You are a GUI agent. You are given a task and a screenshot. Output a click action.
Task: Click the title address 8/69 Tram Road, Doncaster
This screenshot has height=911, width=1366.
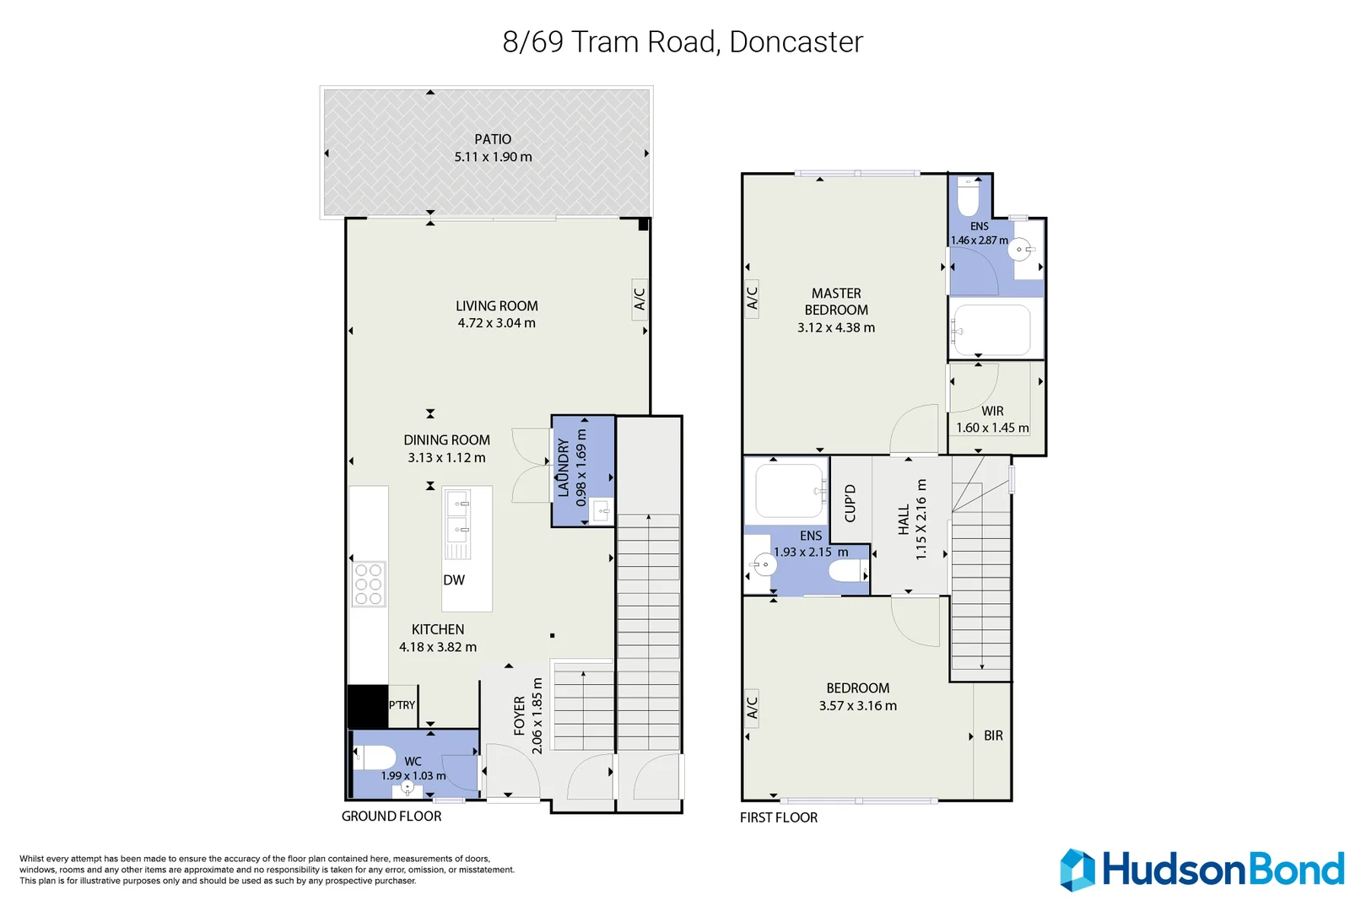pos(683,42)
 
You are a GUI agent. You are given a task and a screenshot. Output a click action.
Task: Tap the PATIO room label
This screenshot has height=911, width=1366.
pos(493,139)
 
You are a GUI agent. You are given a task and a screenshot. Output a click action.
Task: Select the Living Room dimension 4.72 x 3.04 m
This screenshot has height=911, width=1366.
pos(496,323)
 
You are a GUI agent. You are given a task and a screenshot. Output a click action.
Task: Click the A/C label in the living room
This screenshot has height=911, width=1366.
pos(640,299)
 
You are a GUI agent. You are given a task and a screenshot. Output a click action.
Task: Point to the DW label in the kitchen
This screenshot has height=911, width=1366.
pos(454,580)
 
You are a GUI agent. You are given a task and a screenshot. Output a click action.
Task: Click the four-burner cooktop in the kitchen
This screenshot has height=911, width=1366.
pos(369,584)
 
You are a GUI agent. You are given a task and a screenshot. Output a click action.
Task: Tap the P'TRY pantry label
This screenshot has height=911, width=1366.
pos(402,705)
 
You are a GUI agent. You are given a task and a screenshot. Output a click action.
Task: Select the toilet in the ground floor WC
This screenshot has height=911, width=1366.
pos(375,757)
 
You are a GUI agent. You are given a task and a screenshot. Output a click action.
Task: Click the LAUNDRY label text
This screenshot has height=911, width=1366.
pos(564,467)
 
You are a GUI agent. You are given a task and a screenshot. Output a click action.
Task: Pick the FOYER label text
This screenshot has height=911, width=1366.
pos(520,715)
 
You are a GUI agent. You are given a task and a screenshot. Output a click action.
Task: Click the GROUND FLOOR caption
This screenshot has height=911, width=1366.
pos(391,817)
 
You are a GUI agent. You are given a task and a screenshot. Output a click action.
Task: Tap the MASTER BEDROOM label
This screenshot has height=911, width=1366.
pos(836,302)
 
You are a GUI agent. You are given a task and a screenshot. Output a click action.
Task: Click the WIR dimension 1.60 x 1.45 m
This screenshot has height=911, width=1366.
pos(992,429)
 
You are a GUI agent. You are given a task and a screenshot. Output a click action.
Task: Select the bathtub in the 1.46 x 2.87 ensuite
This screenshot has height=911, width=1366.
pos(992,330)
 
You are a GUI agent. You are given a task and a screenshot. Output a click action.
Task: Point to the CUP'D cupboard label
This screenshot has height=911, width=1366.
pos(850,504)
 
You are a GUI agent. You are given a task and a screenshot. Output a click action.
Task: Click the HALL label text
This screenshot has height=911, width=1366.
pos(904,520)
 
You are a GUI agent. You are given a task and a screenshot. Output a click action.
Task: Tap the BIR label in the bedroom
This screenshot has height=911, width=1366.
pos(993,736)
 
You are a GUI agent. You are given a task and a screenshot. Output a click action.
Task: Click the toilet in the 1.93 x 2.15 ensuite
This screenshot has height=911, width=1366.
pos(846,572)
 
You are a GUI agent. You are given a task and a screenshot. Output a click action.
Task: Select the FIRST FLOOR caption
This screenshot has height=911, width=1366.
pos(779,817)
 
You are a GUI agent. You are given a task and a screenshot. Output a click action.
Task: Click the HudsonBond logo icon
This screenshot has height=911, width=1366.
pos(1077,870)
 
